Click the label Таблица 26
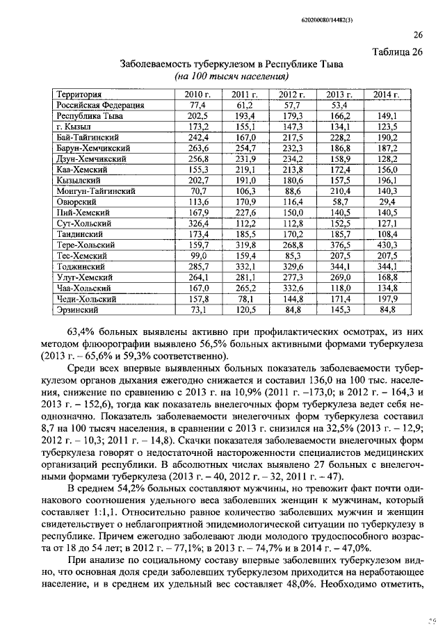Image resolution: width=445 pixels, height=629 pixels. coord(396,52)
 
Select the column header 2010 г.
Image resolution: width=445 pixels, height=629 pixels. coord(197,95)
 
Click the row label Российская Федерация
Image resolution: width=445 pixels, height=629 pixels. coord(100,105)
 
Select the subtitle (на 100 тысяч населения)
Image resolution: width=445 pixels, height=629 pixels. coord(231,76)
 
